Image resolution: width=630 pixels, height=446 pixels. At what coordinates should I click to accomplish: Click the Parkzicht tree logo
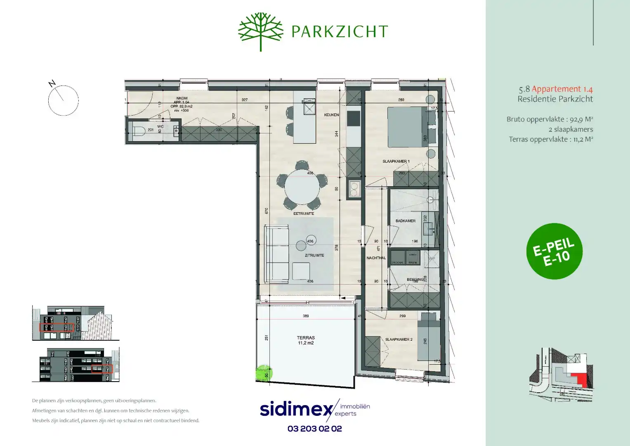point(261,31)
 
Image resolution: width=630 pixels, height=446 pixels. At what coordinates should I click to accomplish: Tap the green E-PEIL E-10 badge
point(554,251)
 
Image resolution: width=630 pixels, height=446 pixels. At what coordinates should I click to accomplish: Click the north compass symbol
point(63,100)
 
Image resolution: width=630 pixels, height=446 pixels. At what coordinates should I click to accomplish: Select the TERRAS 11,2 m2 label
point(306,340)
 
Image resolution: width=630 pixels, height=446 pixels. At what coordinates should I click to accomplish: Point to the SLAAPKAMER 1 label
point(396,161)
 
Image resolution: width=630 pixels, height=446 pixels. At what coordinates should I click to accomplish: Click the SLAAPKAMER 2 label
point(399,339)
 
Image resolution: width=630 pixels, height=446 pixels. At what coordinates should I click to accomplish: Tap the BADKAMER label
point(406,221)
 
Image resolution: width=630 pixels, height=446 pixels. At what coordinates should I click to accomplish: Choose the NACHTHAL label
point(376,258)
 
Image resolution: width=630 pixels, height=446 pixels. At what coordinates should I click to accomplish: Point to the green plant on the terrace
point(264,373)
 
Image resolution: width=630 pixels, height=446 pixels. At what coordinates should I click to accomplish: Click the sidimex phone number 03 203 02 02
point(315,429)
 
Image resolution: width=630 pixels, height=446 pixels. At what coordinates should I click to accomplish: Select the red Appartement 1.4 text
point(562,89)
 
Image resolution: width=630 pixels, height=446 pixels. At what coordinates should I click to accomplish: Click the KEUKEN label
point(331,115)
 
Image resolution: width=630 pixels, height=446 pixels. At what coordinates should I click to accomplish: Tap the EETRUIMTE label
point(304,214)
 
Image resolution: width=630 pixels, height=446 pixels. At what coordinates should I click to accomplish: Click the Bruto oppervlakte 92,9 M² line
point(550,119)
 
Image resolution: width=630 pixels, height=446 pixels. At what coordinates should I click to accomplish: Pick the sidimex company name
point(296,409)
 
